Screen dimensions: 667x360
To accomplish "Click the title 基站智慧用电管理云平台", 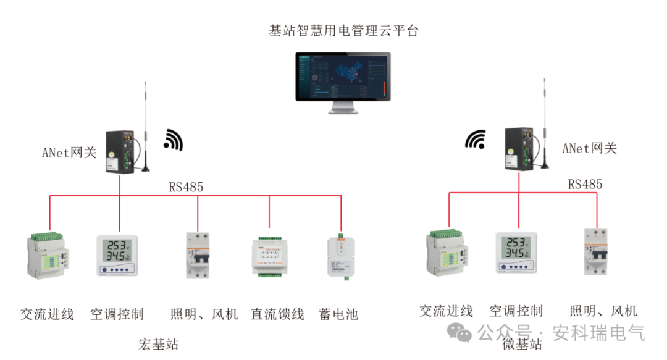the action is [343, 30].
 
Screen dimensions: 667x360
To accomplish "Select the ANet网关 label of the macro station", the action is [69, 153].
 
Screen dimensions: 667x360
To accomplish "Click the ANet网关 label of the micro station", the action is [589, 148].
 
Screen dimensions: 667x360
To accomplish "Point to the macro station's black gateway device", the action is [120, 151].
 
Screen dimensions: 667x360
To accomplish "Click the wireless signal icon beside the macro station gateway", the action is [174, 140].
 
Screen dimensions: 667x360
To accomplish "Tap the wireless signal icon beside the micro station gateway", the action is [475, 140].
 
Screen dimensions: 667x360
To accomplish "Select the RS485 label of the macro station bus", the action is [186, 187].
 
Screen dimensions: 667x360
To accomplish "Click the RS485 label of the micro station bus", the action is [585, 184].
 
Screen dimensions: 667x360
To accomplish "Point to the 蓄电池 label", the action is [338, 314].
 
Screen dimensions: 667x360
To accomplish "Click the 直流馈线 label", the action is [277, 314].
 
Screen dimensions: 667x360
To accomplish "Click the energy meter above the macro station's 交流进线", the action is [47, 255].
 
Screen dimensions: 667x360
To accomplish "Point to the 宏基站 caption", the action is [159, 344].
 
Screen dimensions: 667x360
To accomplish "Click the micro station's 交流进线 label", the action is [446, 311].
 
